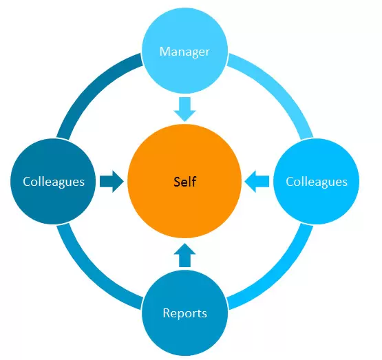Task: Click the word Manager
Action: pyautogui.click(x=184, y=52)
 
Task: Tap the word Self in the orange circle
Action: pyautogui.click(x=185, y=182)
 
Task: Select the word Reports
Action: pyautogui.click(x=185, y=313)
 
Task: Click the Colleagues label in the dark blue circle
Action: pyautogui.click(x=54, y=182)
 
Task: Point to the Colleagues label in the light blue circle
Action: pyautogui.click(x=317, y=182)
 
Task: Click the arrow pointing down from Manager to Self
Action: pyautogui.click(x=184, y=109)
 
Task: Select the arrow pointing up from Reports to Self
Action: pyautogui.click(x=184, y=255)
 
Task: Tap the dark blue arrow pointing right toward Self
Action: pyautogui.click(x=112, y=182)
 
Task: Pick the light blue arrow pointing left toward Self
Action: pyautogui.click(x=257, y=182)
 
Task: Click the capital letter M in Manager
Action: pyautogui.click(x=165, y=52)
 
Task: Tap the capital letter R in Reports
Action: pyautogui.click(x=167, y=313)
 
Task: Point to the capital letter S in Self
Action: pyautogui.click(x=178, y=182)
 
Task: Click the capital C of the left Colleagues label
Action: pyautogui.click(x=27, y=182)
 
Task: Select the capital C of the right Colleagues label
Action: pyautogui.click(x=290, y=182)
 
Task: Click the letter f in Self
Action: pyautogui.click(x=194, y=182)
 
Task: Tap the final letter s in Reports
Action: pyautogui.click(x=204, y=315)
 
